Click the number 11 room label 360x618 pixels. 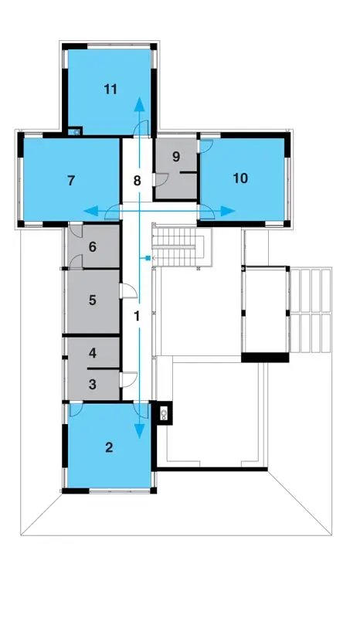tap(110, 90)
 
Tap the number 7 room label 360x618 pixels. tap(71, 181)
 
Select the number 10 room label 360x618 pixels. tap(240, 178)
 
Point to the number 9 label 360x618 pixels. tap(176, 157)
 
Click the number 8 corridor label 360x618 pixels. tap(137, 181)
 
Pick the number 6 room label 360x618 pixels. tap(92, 247)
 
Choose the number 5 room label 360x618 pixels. tap(92, 300)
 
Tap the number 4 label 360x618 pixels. tap(92, 353)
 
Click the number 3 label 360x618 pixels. tap(92, 384)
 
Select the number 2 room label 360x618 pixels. tap(109, 447)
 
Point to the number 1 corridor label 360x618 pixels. tap(138, 316)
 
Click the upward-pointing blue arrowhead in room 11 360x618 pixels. tap(139, 104)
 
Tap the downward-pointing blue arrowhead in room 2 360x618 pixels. tap(139, 432)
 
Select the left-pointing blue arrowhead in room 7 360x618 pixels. tap(90, 212)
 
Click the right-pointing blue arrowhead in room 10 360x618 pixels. tap(228, 211)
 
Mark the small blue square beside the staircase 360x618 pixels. tap(148, 258)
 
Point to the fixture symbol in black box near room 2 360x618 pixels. tap(164, 413)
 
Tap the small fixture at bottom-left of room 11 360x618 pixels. tap(74, 131)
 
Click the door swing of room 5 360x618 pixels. tap(128, 291)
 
